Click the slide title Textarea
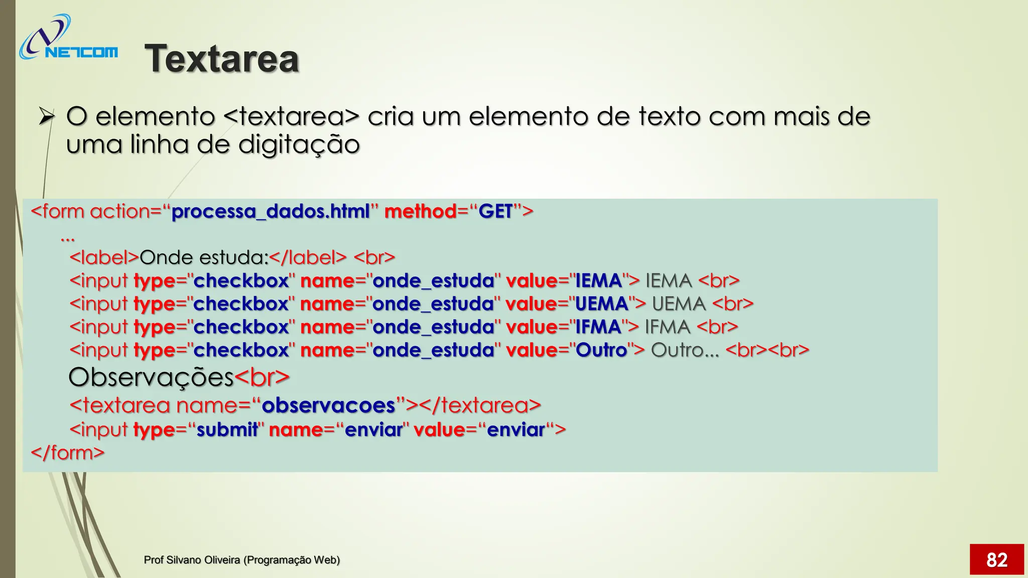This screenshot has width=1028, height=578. click(221, 59)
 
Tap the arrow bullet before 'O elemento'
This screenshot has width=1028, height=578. click(46, 117)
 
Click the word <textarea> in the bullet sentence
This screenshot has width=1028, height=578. click(291, 117)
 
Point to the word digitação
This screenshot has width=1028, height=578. click(299, 145)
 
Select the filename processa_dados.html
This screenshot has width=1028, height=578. click(271, 211)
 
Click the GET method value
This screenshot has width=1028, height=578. click(495, 211)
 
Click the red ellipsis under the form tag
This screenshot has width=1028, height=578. click(67, 238)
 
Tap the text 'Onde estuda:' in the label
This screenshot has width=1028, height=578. click(204, 257)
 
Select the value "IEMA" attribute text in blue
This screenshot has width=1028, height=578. click(598, 280)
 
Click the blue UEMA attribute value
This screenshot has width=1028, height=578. click(601, 304)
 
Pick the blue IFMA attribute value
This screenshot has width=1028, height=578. click(598, 327)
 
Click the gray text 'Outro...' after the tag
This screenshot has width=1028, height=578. click(685, 350)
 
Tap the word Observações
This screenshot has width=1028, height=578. click(151, 377)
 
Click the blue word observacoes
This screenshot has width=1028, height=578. click(329, 405)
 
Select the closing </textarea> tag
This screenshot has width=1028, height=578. click(480, 405)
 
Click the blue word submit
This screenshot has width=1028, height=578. click(227, 429)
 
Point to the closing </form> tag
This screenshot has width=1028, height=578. click(68, 453)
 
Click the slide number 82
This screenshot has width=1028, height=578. click(996, 559)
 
